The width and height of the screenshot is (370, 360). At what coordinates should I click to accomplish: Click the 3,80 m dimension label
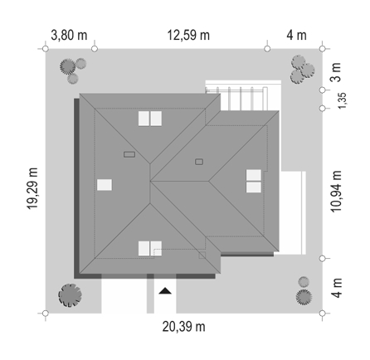coord(69,36)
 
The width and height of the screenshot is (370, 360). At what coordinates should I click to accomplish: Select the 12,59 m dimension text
coord(188,36)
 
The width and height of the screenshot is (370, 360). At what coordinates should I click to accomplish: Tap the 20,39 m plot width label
coord(184,327)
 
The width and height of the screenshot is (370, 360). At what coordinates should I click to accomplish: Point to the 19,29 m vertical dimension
coord(32,188)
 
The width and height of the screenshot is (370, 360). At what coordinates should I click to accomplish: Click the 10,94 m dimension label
coord(337,192)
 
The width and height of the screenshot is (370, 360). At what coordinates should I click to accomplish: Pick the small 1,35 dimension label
coord(342,100)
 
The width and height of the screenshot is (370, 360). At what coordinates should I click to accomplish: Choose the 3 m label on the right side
coord(337,72)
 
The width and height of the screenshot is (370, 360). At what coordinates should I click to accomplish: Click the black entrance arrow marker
coord(165,290)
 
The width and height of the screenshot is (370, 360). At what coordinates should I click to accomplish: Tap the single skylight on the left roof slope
coord(105,185)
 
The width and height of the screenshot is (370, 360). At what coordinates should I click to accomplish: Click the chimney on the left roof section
coord(129,154)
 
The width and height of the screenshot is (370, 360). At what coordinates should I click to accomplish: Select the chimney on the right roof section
coord(199,162)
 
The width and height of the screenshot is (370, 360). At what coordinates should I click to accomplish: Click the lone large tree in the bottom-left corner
coord(70,295)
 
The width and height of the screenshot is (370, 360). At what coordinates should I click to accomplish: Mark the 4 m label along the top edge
coord(296,36)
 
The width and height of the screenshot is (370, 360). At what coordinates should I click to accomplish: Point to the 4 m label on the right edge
coord(337,288)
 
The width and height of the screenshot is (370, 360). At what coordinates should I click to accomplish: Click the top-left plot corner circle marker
coord(46,49)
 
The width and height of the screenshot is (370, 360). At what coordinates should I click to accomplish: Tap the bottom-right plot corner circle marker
coord(322,314)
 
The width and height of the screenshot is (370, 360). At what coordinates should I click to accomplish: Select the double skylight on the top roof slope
coord(150,119)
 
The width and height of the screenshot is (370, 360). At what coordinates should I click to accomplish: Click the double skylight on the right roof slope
coord(254,181)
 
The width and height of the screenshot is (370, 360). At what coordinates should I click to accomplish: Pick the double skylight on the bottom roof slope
coord(150,248)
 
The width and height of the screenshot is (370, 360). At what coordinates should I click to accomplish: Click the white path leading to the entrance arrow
coord(165,296)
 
